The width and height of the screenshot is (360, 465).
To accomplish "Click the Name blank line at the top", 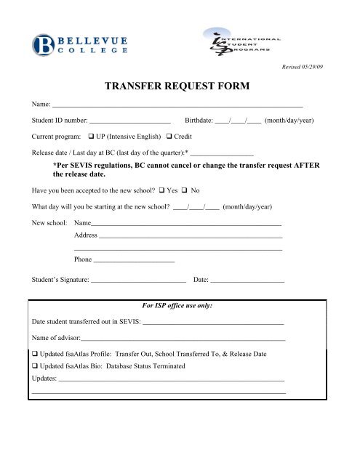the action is [x=178, y=106].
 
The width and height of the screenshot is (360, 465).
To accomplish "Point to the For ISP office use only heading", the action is [x=179, y=306].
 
